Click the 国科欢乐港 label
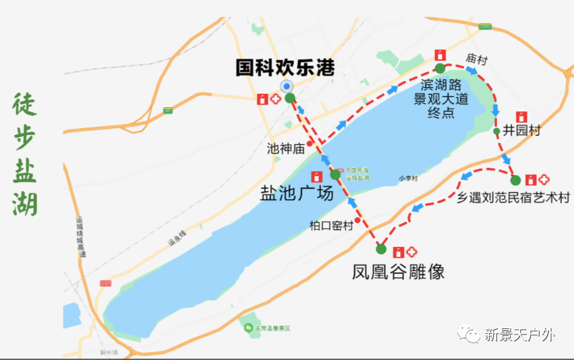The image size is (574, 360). [x=285, y=67]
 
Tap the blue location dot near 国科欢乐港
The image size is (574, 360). [x=287, y=86]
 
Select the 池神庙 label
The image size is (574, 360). [x=286, y=148]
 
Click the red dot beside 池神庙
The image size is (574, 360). [x=310, y=143]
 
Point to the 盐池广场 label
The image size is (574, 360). [x=297, y=193]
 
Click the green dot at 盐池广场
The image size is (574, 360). [x=335, y=175]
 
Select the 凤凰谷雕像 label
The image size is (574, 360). [x=398, y=272]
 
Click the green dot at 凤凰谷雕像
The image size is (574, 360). [x=381, y=249]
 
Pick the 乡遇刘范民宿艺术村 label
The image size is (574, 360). [x=513, y=198]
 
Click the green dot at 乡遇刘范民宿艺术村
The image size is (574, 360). [x=515, y=180]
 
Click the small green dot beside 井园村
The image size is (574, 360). [x=497, y=131]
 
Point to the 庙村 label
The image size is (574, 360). [x=476, y=59]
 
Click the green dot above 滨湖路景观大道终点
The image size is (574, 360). [x=440, y=68]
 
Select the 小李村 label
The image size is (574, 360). [x=408, y=179]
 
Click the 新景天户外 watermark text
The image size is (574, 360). [x=519, y=335]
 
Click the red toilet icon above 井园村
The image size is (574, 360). [x=521, y=117]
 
